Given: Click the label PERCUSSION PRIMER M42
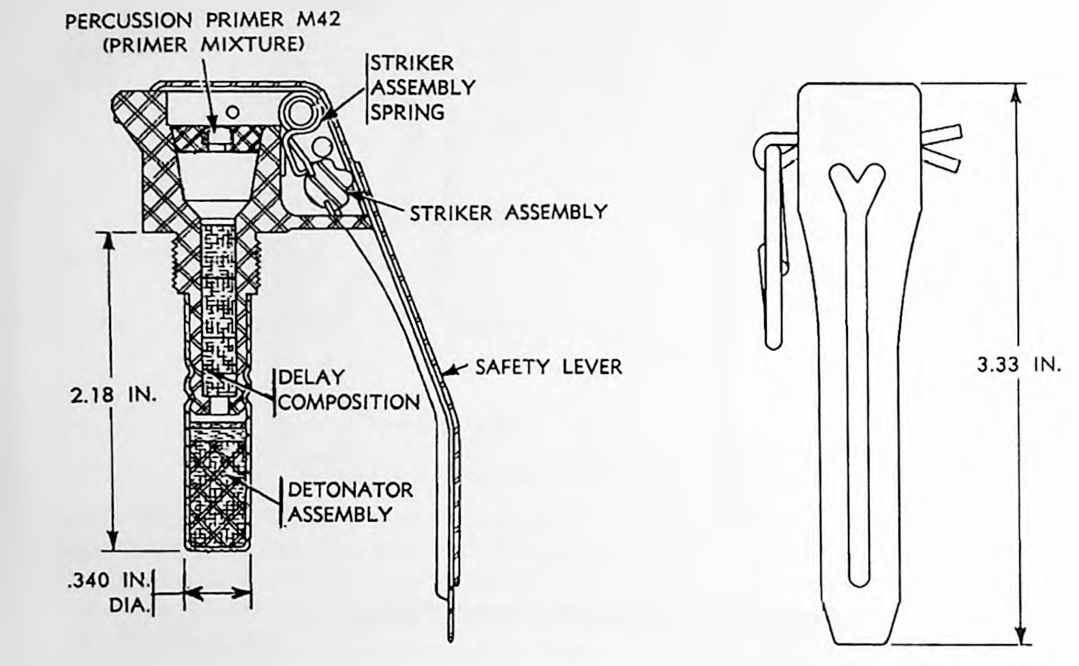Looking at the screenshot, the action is [203, 20].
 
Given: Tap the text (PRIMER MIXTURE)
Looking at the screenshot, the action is [204, 45].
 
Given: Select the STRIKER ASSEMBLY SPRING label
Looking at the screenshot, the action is [423, 88].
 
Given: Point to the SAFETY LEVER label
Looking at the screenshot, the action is [549, 367].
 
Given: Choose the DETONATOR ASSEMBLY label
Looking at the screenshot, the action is [350, 502].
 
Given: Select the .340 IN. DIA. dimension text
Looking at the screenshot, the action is [109, 593].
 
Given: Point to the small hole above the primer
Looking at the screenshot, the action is [232, 112].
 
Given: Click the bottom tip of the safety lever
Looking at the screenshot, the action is [451, 641].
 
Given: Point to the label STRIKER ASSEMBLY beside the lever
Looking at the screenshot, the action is [508, 213].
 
